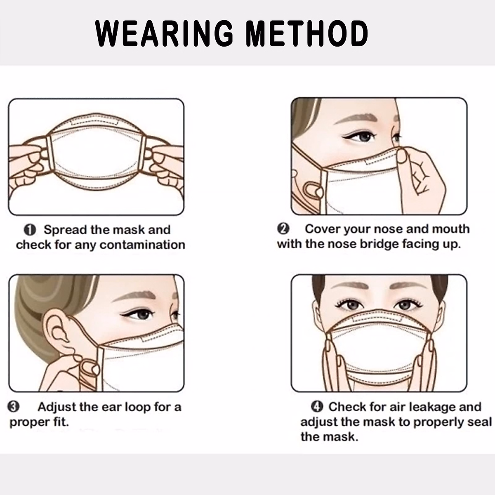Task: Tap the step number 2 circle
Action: click(x=283, y=229)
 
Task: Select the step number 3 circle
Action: click(x=14, y=407)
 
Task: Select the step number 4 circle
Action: click(x=317, y=407)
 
